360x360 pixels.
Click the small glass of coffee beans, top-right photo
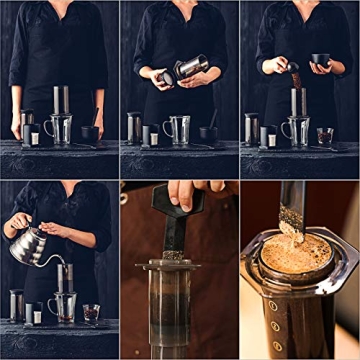point(325,134)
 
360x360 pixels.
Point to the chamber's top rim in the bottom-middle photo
point(180,265)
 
